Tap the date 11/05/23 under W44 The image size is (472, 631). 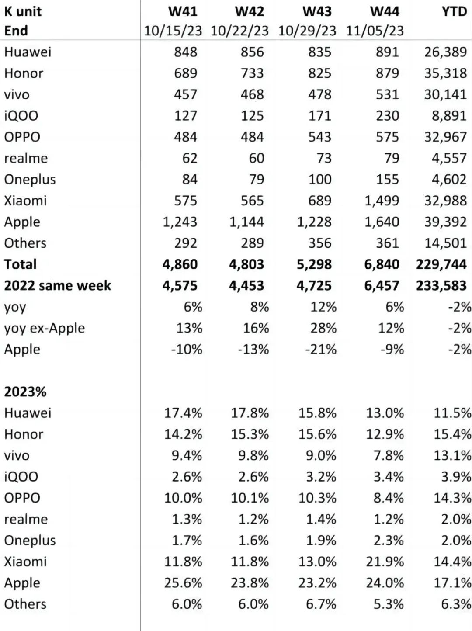(x=375, y=31)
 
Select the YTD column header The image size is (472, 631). (x=455, y=11)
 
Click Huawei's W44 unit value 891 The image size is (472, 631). (x=387, y=52)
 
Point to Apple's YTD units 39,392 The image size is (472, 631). (x=445, y=222)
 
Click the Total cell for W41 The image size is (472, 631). (x=180, y=264)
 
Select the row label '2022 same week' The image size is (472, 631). (x=57, y=286)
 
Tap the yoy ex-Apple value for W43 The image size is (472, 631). (x=323, y=328)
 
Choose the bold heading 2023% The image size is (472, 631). (x=25, y=392)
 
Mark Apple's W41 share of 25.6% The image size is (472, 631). (x=183, y=583)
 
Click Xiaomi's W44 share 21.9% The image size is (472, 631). (x=385, y=562)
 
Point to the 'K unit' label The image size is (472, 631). (x=23, y=11)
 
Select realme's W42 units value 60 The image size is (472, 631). (x=257, y=158)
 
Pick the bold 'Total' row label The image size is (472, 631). (x=20, y=264)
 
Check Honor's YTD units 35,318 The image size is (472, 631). (x=445, y=73)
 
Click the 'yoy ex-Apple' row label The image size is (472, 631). (x=44, y=328)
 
